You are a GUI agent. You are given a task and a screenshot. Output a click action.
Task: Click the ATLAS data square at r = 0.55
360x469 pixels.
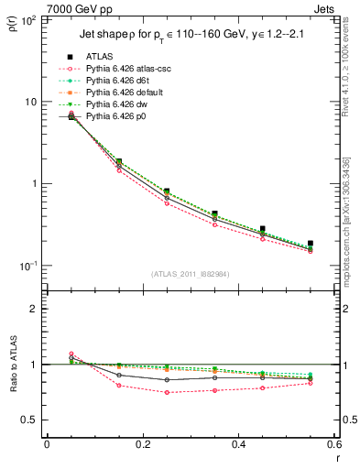click(311, 244)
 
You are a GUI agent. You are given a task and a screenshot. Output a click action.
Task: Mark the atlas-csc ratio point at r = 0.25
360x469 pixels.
click(167, 392)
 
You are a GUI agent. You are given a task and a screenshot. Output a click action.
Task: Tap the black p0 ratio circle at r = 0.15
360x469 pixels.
click(119, 375)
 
